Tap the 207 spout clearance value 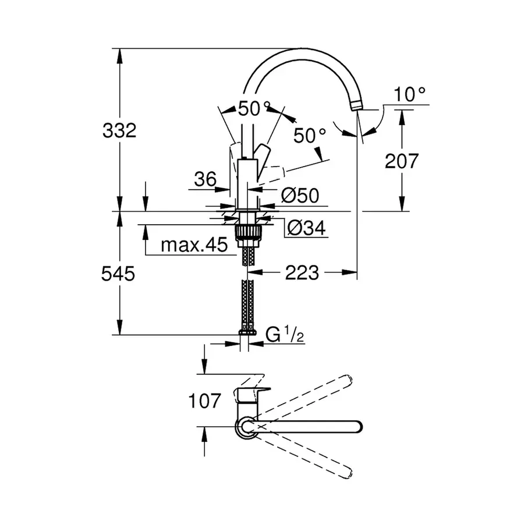click(401, 161)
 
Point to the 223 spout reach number click(302, 272)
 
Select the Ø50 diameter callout click(300, 196)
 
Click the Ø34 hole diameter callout click(305, 229)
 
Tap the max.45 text click(194, 245)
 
